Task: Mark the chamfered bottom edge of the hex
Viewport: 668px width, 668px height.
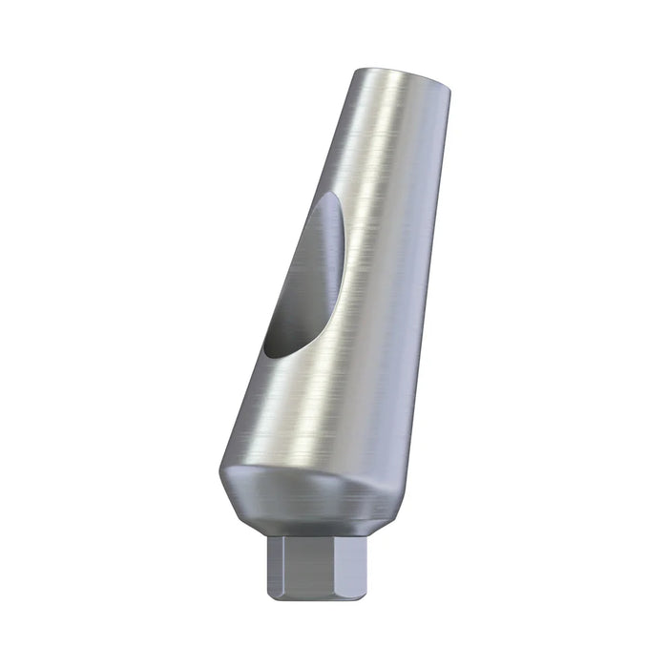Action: [x=305, y=595]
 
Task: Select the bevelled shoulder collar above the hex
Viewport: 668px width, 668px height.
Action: [x=305, y=496]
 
